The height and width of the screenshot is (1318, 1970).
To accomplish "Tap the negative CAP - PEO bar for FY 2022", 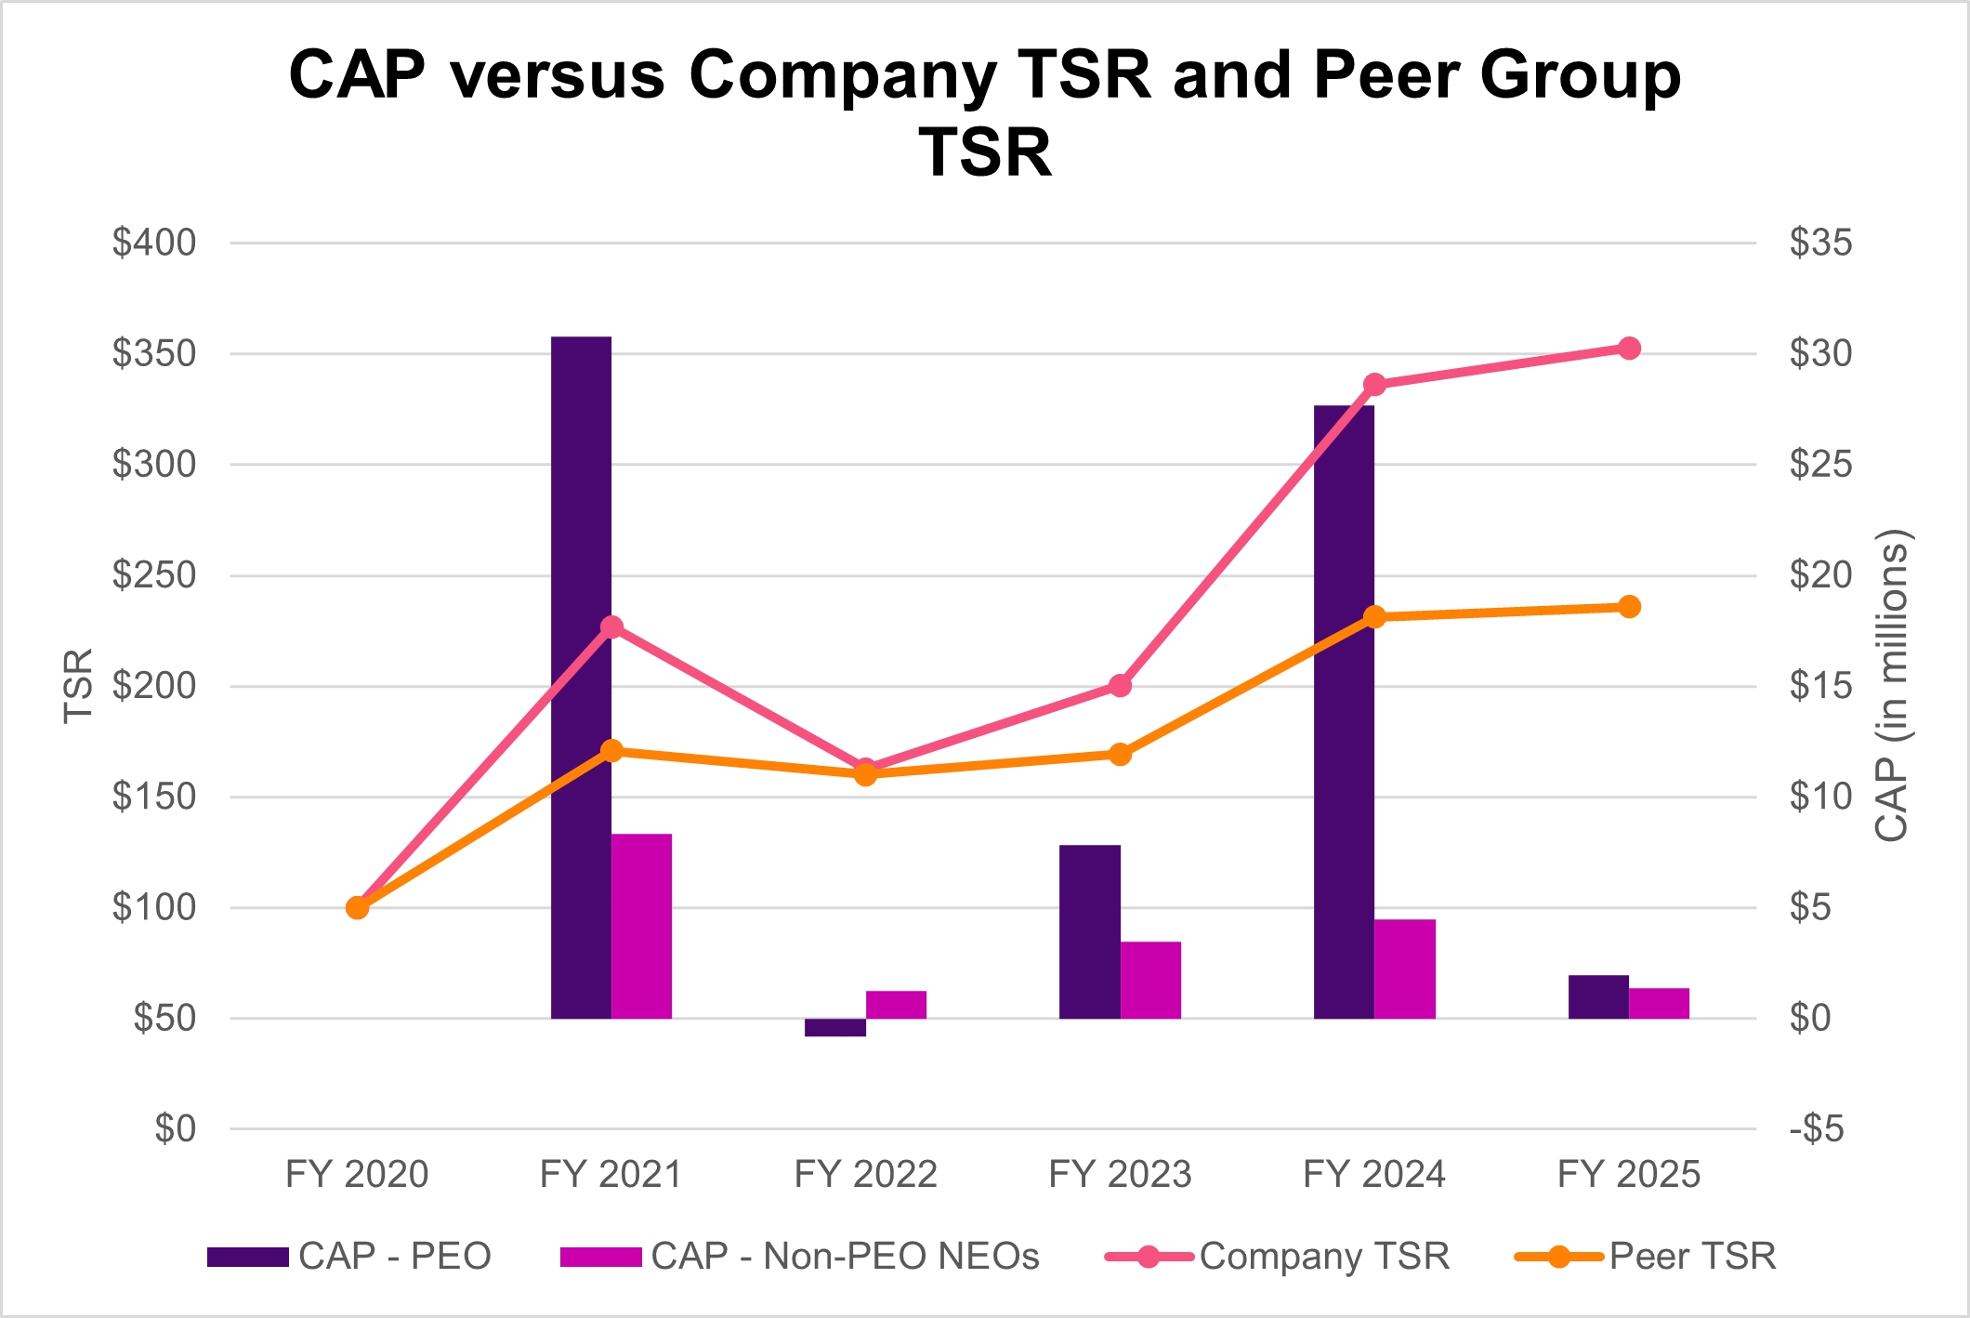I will (x=834, y=1027).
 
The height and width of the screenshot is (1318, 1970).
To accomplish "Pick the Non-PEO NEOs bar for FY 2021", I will (x=641, y=926).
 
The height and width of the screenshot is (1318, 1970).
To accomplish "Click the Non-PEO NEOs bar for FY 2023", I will (x=1150, y=980).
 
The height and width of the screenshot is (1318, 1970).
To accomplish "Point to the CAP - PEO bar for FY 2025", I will (x=1598, y=996).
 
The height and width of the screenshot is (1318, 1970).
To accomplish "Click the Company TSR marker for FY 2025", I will (x=1629, y=349).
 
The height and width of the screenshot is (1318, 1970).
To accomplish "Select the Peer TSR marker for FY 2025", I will (x=1629, y=607).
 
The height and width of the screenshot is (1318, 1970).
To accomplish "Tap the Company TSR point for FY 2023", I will (x=1121, y=686).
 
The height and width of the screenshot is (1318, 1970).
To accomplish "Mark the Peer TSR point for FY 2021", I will (x=611, y=751).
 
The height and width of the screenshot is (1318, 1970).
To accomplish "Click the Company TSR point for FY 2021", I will (x=611, y=627).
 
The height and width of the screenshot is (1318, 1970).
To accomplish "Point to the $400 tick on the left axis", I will (x=154, y=243).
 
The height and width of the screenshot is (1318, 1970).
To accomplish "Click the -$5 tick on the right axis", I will (x=1817, y=1129).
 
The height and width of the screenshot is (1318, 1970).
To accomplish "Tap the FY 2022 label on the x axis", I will (x=865, y=1175).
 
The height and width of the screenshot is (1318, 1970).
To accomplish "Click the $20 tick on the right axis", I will (x=1820, y=575).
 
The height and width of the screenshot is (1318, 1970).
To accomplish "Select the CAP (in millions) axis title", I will (x=1892, y=686).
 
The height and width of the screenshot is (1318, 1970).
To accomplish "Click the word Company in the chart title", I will (x=842, y=74).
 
